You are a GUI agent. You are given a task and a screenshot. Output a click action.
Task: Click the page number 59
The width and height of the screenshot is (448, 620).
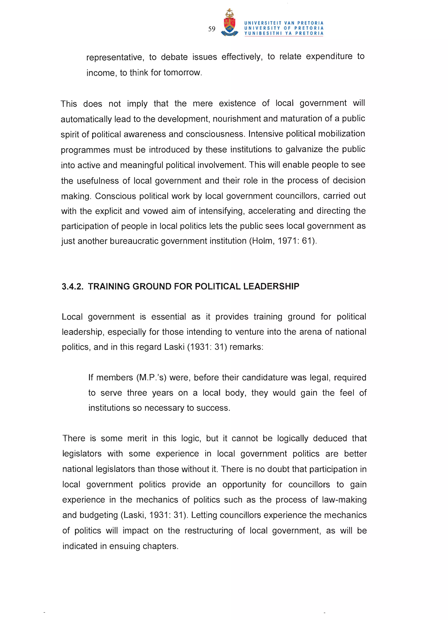(212, 29)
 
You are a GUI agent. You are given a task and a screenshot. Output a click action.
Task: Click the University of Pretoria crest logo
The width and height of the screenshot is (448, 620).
(229, 23)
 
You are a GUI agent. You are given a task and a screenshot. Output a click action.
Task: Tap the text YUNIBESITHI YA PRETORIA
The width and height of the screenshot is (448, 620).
(283, 33)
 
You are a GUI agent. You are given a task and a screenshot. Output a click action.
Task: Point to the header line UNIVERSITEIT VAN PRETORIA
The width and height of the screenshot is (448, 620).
(283, 23)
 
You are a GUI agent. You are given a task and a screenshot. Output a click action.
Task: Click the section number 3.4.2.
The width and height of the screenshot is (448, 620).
(72, 287)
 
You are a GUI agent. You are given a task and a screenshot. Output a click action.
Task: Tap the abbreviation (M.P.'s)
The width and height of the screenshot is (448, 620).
(151, 377)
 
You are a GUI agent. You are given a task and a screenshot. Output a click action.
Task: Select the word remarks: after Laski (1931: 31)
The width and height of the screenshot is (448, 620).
(246, 347)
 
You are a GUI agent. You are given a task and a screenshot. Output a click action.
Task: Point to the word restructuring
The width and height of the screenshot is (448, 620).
(209, 531)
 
